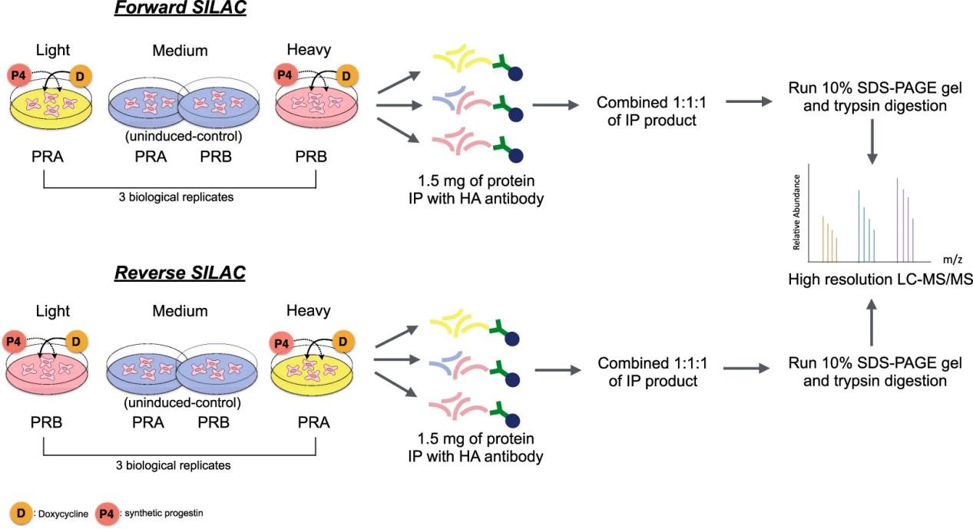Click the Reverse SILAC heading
click(180, 273)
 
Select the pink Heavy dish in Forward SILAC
click(316, 107)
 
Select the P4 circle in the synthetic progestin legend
click(107, 513)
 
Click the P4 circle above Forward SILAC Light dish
click(19, 75)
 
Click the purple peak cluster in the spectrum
click(905, 219)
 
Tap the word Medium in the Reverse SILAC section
click(180, 311)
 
